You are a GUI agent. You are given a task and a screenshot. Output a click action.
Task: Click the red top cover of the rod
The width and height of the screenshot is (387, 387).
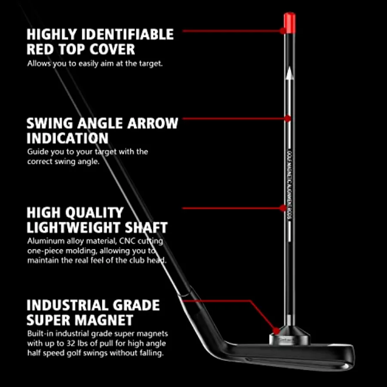[x=289, y=23]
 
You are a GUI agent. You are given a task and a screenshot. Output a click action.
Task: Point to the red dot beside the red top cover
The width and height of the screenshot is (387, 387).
[x=283, y=31]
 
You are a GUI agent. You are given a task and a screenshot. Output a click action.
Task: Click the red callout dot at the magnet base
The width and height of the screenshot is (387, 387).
[x=276, y=331]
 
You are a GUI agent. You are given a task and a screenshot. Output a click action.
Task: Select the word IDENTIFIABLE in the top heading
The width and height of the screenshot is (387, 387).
[x=127, y=34]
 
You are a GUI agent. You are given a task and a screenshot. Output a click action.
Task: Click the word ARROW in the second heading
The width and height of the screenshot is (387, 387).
[x=153, y=123]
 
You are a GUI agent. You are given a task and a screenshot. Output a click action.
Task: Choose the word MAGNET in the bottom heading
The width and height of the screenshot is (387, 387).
[x=104, y=320]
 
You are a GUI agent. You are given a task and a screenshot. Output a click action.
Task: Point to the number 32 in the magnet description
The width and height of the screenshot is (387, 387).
[x=71, y=343]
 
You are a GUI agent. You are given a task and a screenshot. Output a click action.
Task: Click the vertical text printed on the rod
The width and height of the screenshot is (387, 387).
[x=289, y=185]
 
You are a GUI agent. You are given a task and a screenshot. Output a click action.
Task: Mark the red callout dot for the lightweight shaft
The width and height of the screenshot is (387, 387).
[x=283, y=208]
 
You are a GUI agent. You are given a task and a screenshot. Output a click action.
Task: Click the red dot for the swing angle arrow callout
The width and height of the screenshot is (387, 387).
[x=288, y=119]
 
